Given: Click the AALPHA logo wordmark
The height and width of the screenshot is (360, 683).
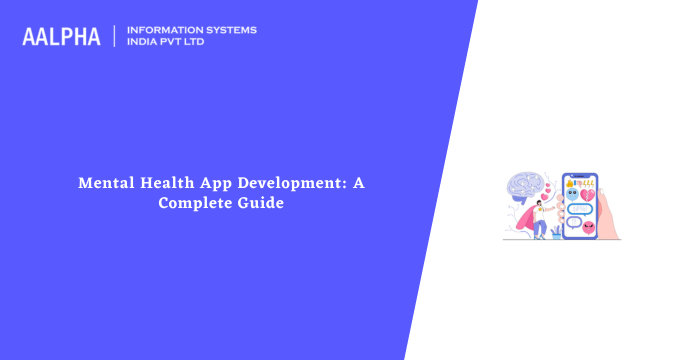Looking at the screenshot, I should (61, 36).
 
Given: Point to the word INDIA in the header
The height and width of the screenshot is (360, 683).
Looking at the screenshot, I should (143, 42).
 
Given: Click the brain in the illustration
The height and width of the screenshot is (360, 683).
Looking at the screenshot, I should (524, 187).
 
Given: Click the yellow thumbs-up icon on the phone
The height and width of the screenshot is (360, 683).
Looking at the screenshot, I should (569, 183).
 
